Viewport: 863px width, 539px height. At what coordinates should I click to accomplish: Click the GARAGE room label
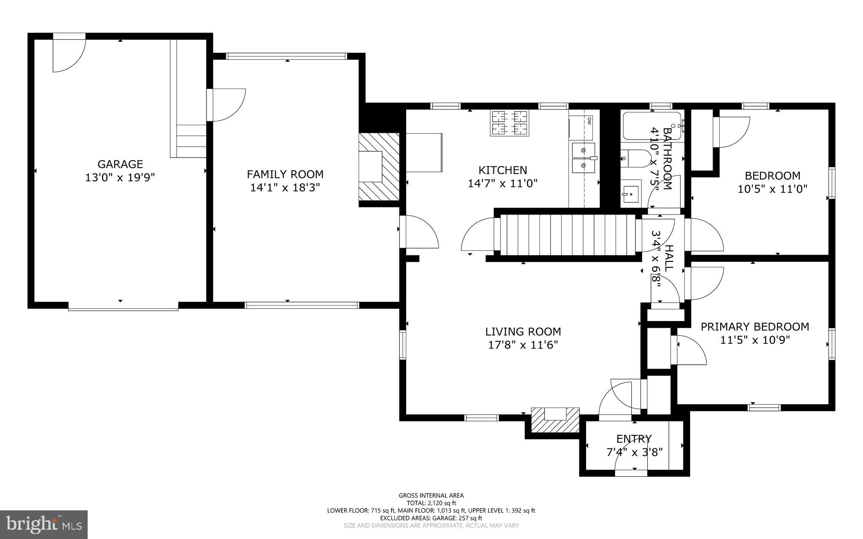coord(120,164)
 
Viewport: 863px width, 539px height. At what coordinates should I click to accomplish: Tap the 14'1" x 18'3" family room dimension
coord(285,188)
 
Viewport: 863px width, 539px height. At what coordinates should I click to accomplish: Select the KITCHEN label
coord(503,170)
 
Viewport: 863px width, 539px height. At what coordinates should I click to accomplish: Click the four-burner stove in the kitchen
coord(509,123)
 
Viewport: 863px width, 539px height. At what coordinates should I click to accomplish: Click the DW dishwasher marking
coord(589,121)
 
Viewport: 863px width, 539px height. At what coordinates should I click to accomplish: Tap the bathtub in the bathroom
coord(651,126)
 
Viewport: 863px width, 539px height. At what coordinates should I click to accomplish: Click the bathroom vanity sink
coord(631,193)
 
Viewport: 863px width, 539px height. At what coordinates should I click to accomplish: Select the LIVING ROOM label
coord(523,332)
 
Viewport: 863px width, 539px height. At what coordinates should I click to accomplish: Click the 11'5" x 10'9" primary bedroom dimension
coord(755,340)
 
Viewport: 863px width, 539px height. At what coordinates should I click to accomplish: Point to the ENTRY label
coord(634,439)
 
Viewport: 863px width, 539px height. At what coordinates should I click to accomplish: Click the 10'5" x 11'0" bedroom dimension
coord(772,189)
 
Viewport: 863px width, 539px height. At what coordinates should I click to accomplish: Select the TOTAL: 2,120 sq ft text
coord(431,503)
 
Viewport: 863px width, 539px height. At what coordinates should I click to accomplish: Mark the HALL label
coord(669,258)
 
